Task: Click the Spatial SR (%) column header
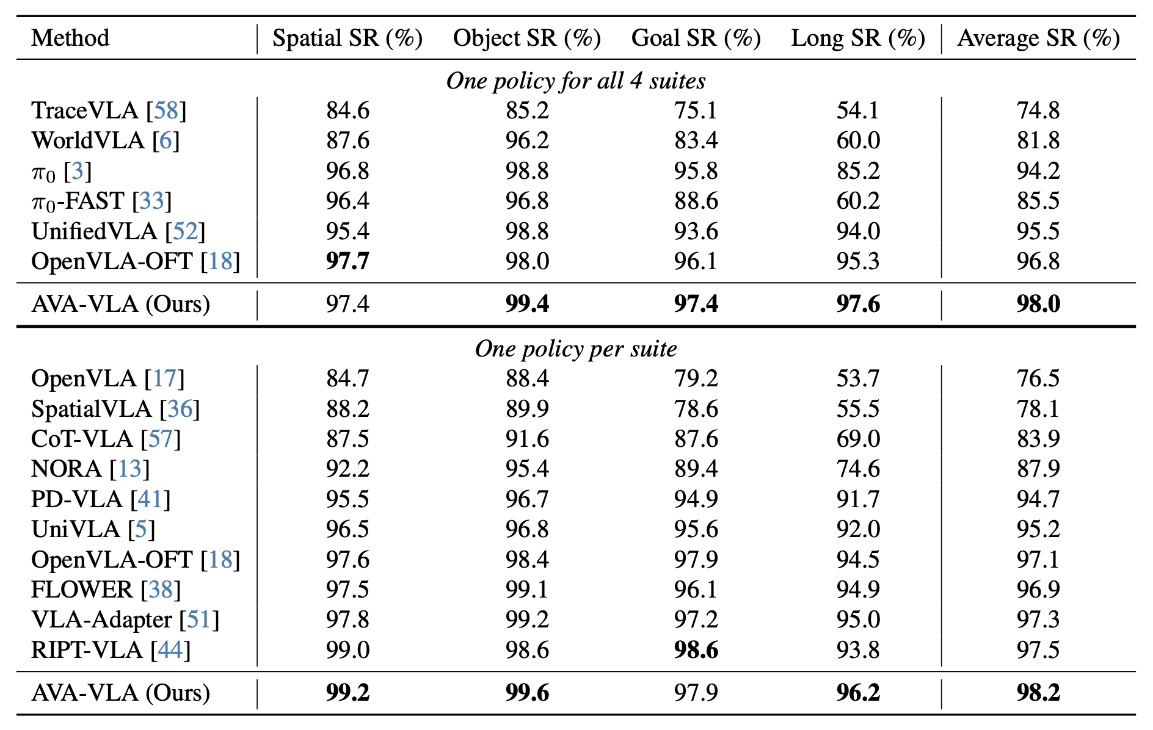[347, 38]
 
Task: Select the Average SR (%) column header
[1038, 38]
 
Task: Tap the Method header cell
[70, 38]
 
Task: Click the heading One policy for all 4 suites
[575, 81]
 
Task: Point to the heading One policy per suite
[575, 349]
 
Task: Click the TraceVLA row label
[85, 110]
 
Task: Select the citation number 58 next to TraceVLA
[166, 110]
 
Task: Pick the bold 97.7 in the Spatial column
[347, 261]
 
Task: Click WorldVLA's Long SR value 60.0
[858, 140]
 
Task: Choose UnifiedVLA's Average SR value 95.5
[1038, 231]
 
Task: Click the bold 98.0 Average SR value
[1038, 303]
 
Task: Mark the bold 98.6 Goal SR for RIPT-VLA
[696, 650]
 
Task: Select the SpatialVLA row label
[92, 409]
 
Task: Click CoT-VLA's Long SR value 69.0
[858, 439]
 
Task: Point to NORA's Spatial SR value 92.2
[347, 469]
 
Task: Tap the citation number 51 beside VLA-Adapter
[199, 620]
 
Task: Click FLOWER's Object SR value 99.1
[527, 590]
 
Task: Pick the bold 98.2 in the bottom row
[1038, 693]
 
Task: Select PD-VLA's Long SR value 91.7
[858, 499]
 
